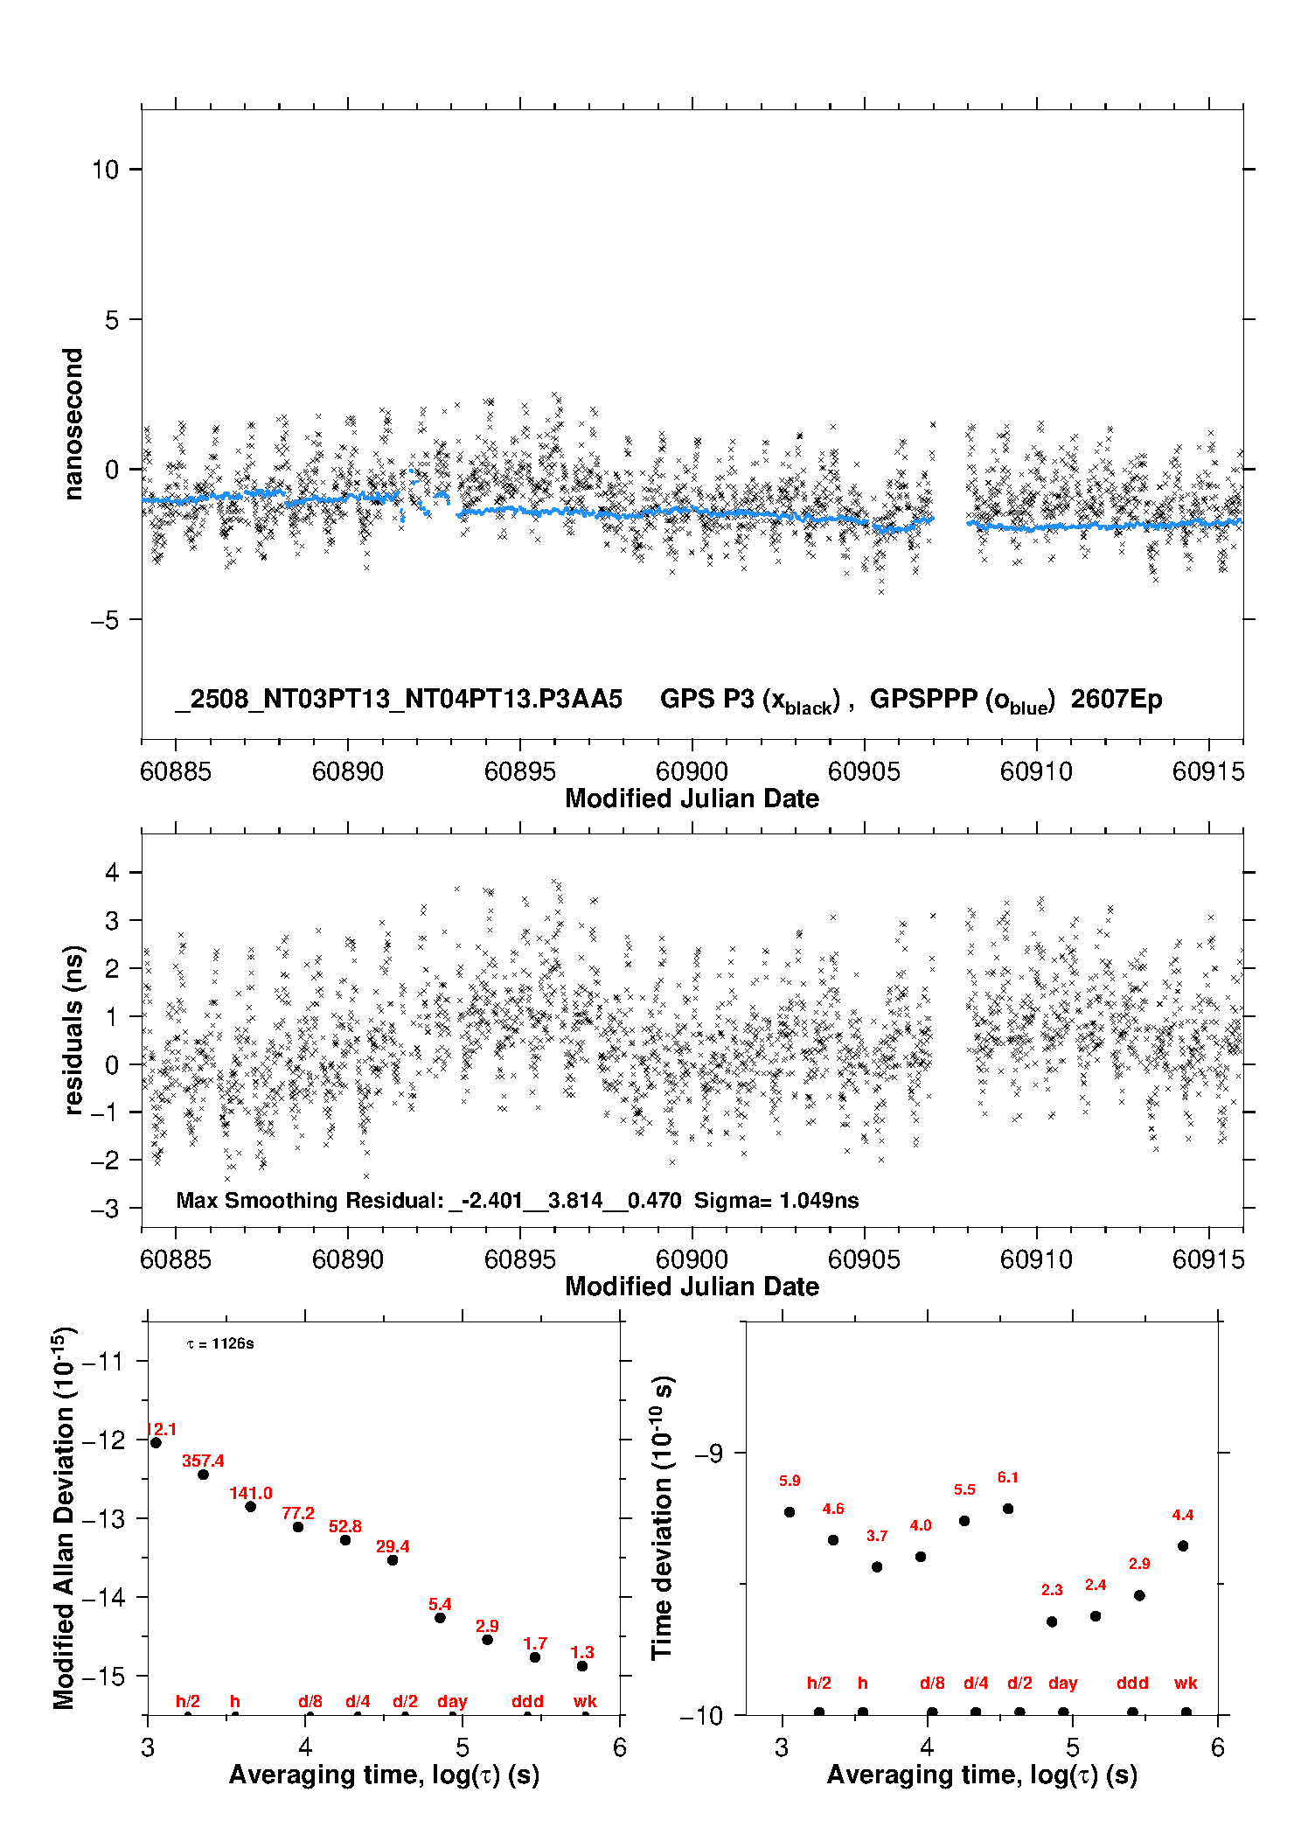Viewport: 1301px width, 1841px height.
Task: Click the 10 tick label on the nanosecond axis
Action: point(105,169)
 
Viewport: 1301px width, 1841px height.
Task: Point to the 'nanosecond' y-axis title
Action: point(73,424)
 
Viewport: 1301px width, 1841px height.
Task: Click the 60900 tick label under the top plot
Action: point(692,771)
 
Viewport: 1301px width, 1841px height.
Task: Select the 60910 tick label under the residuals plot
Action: point(1036,1259)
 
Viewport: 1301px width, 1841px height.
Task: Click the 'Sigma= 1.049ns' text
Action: point(776,1200)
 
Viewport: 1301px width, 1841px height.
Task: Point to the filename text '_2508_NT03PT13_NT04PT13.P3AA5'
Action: point(399,699)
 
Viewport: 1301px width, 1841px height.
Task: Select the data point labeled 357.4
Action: point(203,1475)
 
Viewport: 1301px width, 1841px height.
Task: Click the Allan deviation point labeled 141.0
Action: point(250,1506)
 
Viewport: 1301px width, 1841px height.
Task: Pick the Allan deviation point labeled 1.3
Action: point(582,1666)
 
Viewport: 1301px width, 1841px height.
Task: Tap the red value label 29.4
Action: point(393,1546)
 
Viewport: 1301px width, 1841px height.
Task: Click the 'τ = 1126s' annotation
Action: point(220,1343)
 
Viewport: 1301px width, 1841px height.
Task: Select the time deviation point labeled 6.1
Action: point(1008,1509)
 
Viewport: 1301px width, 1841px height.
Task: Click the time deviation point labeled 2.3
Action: point(1052,1621)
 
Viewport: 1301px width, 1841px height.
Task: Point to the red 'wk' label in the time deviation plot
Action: point(1186,1683)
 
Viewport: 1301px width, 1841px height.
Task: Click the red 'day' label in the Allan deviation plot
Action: point(452,1701)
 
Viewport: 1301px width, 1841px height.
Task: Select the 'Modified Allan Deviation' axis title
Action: point(65,1517)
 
